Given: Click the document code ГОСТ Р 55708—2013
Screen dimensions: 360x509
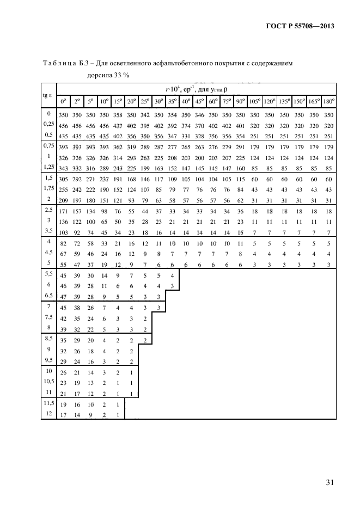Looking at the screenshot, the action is tap(300, 26).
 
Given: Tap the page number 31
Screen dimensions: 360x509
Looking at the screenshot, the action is tap(330, 483).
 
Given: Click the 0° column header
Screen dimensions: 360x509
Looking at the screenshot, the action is tap(63, 102).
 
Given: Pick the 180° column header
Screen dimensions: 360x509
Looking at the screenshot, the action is tap(328, 102).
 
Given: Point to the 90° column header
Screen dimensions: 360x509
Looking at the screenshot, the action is tap(240, 102).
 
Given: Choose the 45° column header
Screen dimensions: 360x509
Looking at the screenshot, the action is tap(199, 102).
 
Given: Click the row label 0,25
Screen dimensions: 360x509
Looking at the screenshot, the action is tap(48, 124).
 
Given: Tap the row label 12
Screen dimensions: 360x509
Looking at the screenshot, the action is tap(48, 414).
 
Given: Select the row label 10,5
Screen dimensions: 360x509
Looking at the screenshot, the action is tap(49, 382).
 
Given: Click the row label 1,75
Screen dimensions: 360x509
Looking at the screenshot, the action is tap(48, 188).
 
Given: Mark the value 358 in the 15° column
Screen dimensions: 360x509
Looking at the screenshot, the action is tap(118, 115).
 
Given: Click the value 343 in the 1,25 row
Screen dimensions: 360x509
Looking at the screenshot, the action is tap(63, 168).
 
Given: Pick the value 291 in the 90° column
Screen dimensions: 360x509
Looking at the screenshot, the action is tap(240, 147).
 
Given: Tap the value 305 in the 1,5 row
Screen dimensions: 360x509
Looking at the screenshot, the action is tap(63, 179).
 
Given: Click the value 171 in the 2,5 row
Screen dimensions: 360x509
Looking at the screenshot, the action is tap(63, 211).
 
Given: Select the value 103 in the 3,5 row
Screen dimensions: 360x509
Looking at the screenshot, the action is tap(63, 232).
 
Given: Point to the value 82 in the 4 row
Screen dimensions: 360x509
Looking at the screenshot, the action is tap(63, 243).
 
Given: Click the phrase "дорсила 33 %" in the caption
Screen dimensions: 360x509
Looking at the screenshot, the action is tap(108, 75).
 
